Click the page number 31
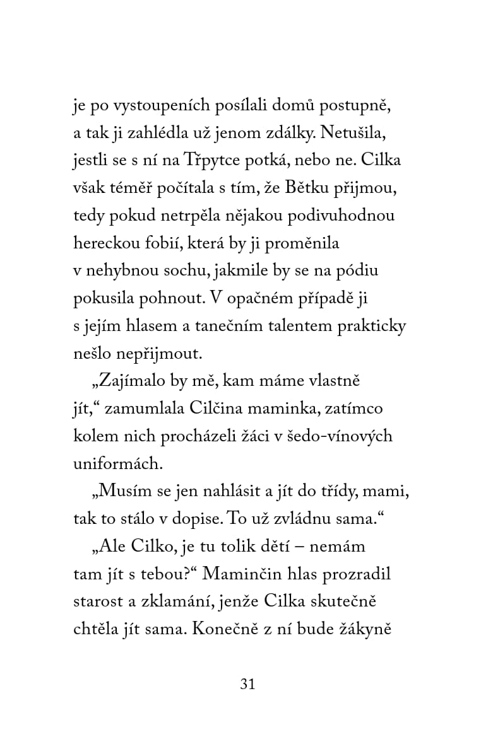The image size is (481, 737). [247, 684]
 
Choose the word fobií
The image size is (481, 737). [175, 243]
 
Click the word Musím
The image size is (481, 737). [116, 492]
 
